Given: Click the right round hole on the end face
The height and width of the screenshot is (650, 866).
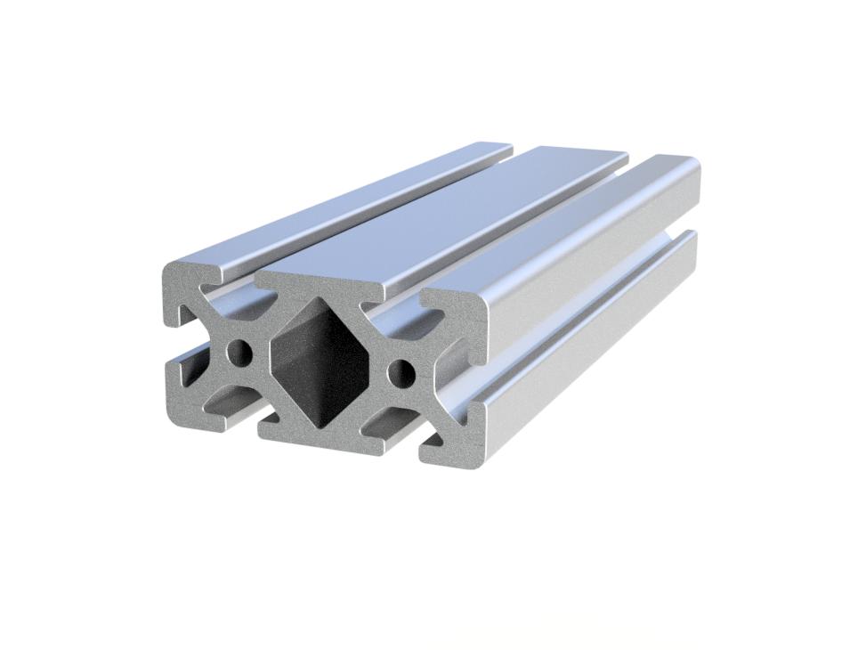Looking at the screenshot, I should coord(401,370).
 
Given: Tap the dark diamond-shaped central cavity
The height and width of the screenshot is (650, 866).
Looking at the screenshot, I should coord(318,360).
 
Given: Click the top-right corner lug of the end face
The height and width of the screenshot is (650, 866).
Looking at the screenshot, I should coord(454,307).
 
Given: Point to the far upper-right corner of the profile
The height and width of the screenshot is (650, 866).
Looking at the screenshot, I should coord(694,165).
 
